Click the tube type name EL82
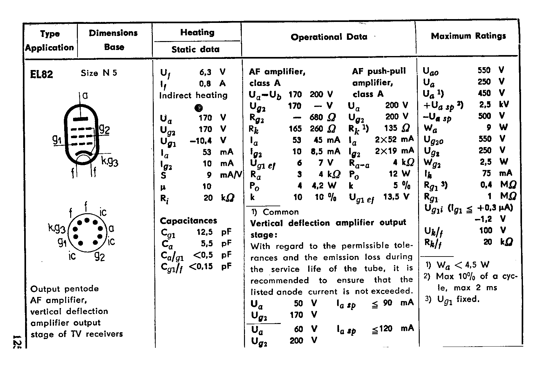[x=41, y=74]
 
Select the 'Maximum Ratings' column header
[x=468, y=36]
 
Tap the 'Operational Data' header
[x=329, y=37]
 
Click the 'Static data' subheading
[x=195, y=49]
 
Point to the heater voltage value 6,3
[x=205, y=72]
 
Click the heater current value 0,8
[x=205, y=84]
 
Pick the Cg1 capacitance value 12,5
[x=205, y=232]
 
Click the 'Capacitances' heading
[x=188, y=221]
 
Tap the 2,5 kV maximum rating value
[x=485, y=104]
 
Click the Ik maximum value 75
[x=486, y=173]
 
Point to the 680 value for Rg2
[x=316, y=117]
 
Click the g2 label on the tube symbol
[x=105, y=129]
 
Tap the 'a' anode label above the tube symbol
[x=85, y=95]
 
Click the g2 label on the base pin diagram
[x=99, y=256]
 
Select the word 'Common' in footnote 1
[x=281, y=212]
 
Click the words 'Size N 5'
[x=99, y=73]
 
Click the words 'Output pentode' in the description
[x=64, y=289]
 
